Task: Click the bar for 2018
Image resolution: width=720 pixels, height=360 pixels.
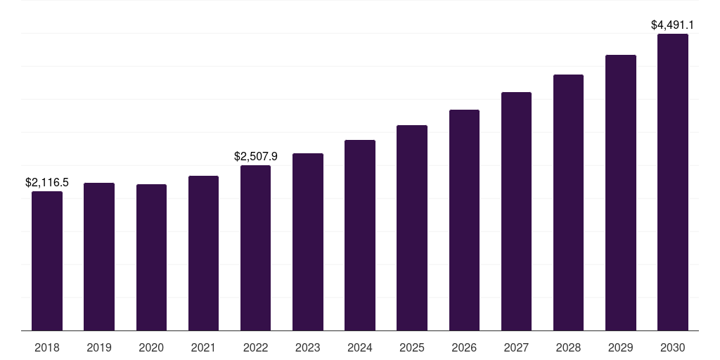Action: tap(47, 261)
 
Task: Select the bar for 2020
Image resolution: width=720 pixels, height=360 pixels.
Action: tap(151, 257)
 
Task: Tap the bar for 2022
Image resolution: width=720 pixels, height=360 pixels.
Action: tap(255, 247)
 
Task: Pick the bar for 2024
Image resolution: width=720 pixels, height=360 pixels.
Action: tap(360, 235)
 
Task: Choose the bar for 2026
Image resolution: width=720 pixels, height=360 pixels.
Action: tap(464, 220)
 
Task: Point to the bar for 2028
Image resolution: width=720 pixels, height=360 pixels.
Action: tap(568, 202)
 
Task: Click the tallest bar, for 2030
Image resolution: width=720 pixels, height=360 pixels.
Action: tap(672, 182)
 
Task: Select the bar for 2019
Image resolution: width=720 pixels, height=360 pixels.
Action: tap(99, 257)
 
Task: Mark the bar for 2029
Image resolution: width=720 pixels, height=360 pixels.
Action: tap(620, 193)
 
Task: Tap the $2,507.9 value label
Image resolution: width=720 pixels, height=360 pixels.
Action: tap(255, 156)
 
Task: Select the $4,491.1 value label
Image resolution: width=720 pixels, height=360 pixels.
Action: tap(672, 25)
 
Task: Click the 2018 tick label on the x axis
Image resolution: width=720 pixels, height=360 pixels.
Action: tap(47, 347)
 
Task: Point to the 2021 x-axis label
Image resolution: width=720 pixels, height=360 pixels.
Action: tap(203, 347)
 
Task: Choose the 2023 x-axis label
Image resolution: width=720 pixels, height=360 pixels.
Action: tap(308, 347)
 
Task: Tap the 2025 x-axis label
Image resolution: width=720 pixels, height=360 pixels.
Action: tap(412, 347)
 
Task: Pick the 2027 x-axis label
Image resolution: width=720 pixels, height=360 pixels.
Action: tap(516, 347)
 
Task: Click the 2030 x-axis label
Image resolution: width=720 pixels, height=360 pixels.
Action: tap(672, 347)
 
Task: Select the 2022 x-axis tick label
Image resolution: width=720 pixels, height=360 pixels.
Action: tap(255, 347)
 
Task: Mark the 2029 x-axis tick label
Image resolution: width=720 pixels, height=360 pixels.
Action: tap(620, 347)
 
